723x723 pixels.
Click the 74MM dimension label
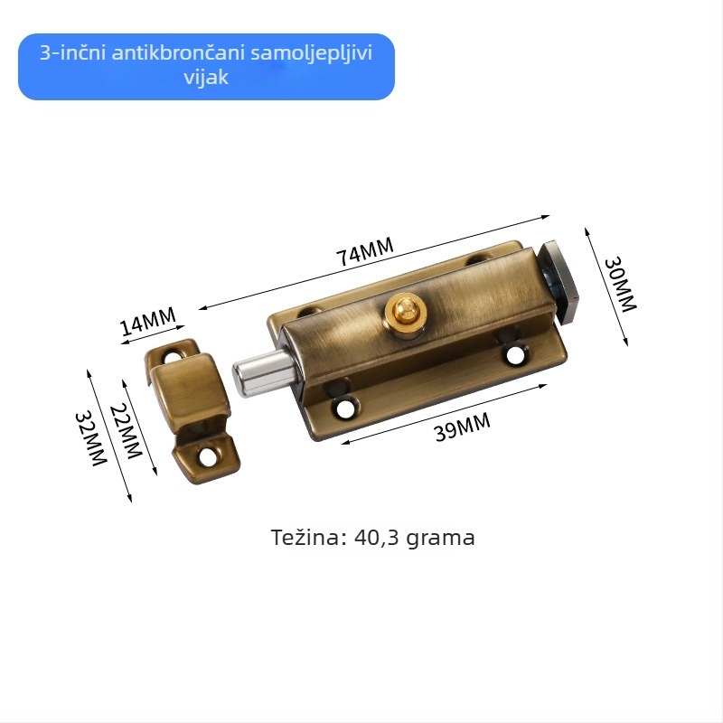click(365, 252)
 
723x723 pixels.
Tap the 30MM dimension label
click(620, 285)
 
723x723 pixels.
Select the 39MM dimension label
click(463, 427)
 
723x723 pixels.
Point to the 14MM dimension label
click(147, 321)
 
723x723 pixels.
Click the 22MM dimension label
click(126, 431)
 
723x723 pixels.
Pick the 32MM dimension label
click(91, 438)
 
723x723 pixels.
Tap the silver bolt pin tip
click(239, 379)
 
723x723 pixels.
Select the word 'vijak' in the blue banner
click(206, 77)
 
